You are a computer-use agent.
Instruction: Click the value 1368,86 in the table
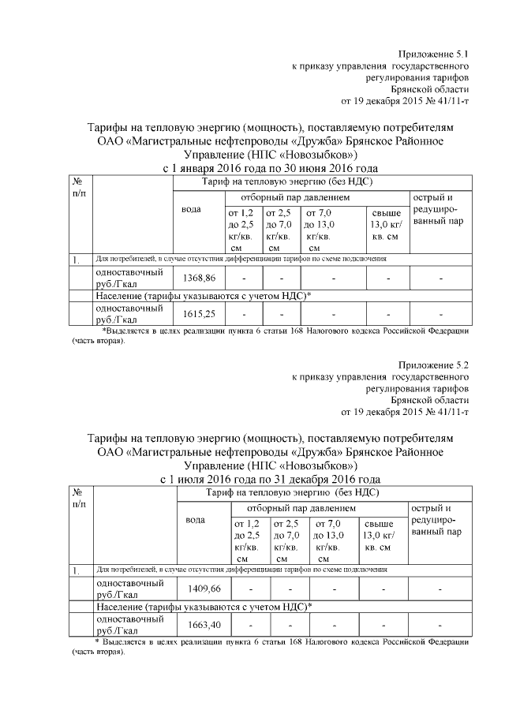(198, 278)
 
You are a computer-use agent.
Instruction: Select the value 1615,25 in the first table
(198, 314)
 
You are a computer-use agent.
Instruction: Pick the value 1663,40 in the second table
(203, 625)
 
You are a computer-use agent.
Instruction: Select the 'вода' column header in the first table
(193, 209)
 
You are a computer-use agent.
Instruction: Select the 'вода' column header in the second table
(196, 520)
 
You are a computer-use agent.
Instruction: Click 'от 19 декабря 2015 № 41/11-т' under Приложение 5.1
(404, 101)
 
